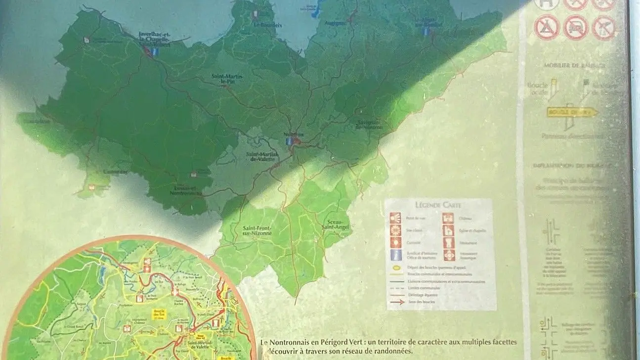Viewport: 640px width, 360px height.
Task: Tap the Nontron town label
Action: point(293,135)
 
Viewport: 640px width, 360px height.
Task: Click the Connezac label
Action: point(115,172)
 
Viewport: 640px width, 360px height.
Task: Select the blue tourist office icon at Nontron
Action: point(289,141)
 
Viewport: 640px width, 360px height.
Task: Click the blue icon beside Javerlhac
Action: point(155,51)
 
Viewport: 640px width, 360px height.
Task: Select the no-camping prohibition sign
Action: point(546,27)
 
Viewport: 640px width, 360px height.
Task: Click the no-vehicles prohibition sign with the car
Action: point(575,27)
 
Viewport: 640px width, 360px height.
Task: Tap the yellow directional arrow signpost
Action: point(572,112)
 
